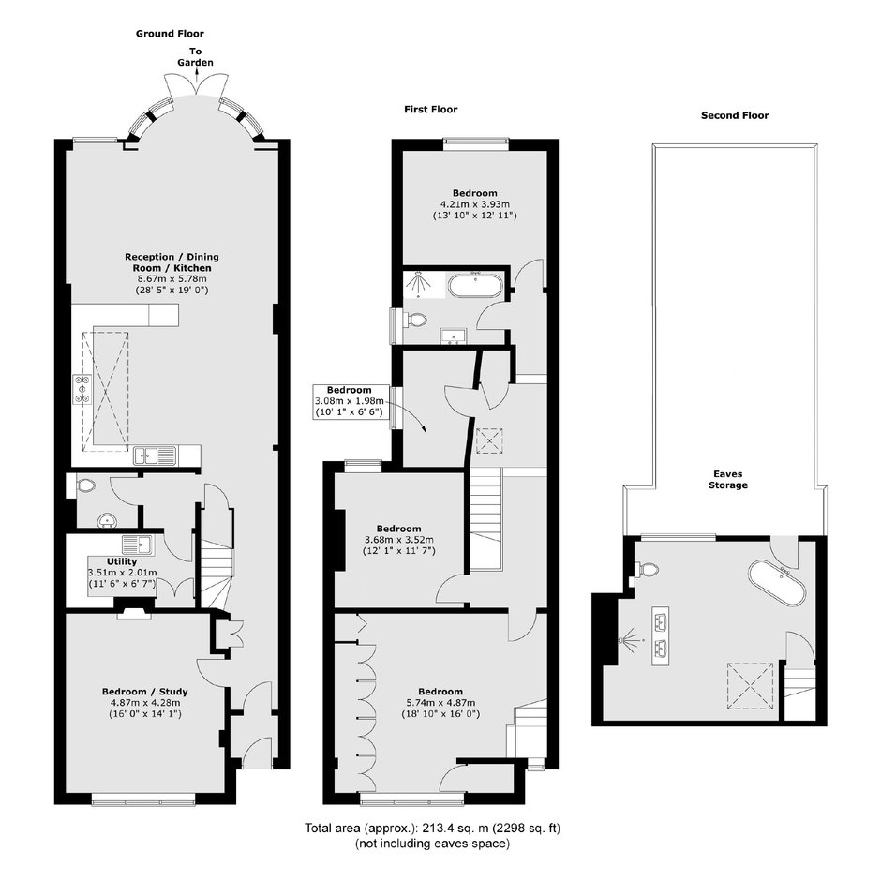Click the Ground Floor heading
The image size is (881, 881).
tap(170, 34)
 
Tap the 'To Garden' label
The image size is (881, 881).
tap(196, 57)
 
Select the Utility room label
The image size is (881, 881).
tap(122, 561)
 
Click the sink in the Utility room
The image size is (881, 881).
tap(137, 545)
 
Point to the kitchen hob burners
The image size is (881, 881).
tap(82, 389)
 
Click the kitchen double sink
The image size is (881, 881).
tap(155, 455)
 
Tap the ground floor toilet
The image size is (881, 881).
tap(85, 485)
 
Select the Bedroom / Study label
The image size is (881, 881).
tap(145, 692)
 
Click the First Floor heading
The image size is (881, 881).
tap(431, 110)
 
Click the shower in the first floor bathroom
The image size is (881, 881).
tap(418, 283)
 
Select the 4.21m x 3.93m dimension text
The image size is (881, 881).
tap(475, 204)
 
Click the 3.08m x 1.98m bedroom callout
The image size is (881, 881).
tap(350, 401)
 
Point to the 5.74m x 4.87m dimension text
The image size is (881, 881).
tap(440, 702)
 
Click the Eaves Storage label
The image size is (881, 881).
tap(728, 479)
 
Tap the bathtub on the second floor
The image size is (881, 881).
tap(776, 582)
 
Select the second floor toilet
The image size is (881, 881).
tap(647, 569)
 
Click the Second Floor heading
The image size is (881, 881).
tap(735, 115)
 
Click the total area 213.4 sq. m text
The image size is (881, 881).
tap(433, 829)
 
